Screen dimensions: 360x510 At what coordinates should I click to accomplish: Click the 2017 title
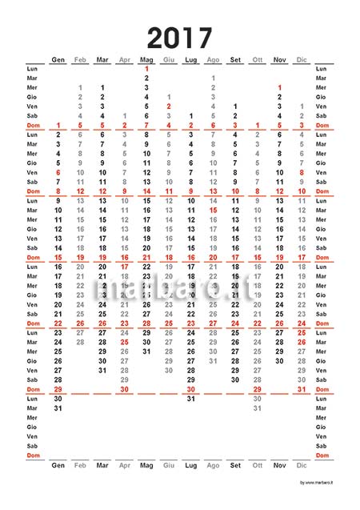coord(180,38)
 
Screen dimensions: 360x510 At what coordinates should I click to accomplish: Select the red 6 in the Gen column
coord(58,172)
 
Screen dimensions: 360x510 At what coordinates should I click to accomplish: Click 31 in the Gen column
coord(58,408)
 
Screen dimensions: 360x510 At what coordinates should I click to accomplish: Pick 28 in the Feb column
coord(80,341)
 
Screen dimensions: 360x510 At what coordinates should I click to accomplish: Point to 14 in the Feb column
coord(80,210)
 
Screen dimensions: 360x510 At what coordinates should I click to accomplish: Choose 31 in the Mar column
coord(102,370)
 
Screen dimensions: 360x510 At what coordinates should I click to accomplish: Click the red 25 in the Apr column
coord(124,341)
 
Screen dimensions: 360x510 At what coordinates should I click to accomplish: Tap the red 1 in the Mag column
coord(146,68)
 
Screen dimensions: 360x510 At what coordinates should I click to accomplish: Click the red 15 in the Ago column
coord(213,210)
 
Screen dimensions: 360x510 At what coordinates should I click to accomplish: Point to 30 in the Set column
coord(234,379)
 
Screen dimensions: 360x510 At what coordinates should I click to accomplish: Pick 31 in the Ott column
coord(257,408)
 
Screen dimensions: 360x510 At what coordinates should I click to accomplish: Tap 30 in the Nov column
coord(279,360)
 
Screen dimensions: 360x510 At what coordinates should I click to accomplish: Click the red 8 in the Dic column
coord(301,172)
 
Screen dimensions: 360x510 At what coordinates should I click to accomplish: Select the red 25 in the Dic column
coord(301,332)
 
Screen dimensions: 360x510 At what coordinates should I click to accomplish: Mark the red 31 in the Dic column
coord(301,389)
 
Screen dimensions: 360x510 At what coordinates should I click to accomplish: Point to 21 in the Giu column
coord(168,275)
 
